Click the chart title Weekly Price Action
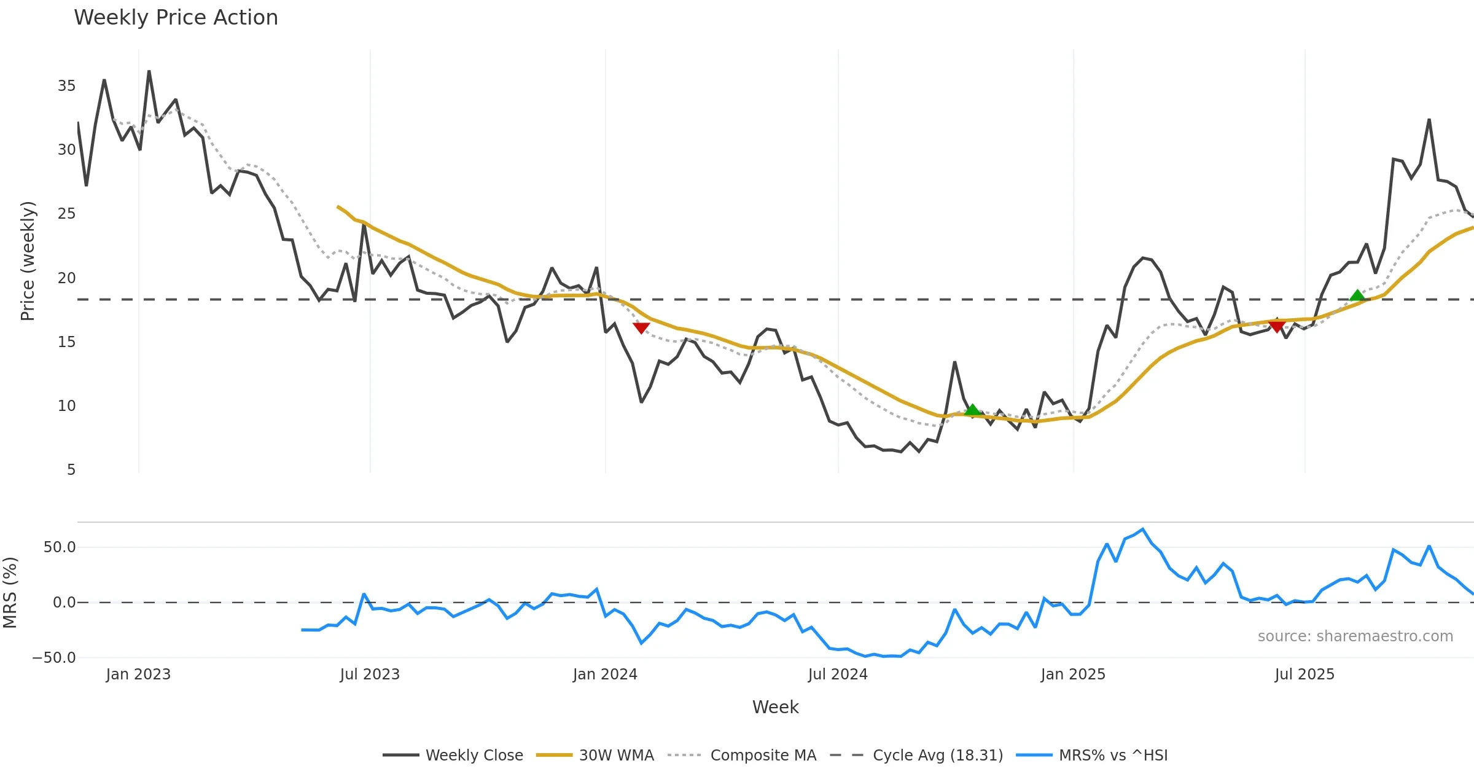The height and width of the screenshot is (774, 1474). coord(176,18)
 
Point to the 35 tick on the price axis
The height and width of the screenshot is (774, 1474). coord(66,86)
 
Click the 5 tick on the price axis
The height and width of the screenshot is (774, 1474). coord(71,470)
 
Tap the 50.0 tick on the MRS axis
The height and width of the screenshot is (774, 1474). coord(60,547)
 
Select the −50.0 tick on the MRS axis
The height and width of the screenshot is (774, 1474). coord(54,658)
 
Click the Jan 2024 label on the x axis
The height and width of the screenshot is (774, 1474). coord(605,674)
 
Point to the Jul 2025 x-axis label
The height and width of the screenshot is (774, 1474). coord(1304,674)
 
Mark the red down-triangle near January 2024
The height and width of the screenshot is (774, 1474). coord(641,328)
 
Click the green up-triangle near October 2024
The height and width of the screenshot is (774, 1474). coord(972,410)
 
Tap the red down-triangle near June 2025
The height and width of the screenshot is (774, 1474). coord(1277,326)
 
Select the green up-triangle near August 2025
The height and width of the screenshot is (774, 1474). coord(1357,295)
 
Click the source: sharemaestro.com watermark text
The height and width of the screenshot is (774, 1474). coord(1355,636)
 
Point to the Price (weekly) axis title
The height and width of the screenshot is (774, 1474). coord(28,261)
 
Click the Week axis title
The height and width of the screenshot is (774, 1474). coord(775,708)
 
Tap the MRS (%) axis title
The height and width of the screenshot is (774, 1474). coord(10,593)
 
